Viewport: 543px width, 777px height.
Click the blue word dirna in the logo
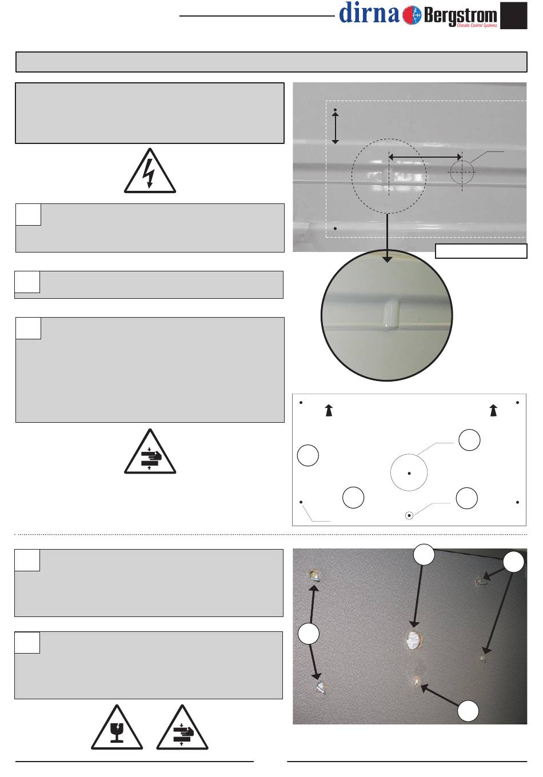[369, 13]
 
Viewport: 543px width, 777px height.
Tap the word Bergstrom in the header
[461, 16]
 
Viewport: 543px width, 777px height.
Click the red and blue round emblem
[412, 15]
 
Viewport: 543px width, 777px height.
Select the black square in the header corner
[513, 15]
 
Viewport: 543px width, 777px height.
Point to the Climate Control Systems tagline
[477, 25]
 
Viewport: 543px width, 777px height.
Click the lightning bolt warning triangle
[150, 170]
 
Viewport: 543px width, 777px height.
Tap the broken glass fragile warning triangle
[117, 727]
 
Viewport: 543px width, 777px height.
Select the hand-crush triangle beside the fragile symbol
[182, 727]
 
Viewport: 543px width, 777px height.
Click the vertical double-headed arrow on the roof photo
[335, 127]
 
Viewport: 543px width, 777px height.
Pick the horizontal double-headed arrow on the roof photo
[425, 157]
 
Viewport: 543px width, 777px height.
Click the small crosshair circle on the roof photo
[462, 172]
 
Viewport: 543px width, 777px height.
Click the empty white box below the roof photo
[481, 251]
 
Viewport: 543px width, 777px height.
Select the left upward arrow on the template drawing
[329, 410]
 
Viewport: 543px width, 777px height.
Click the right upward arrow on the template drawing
[493, 410]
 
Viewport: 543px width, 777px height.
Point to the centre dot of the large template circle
[409, 473]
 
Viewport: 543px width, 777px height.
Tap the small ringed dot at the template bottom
[409, 516]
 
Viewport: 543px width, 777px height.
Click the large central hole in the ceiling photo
[413, 640]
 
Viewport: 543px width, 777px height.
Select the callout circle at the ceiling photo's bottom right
[468, 711]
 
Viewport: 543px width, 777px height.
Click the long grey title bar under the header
[271, 62]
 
